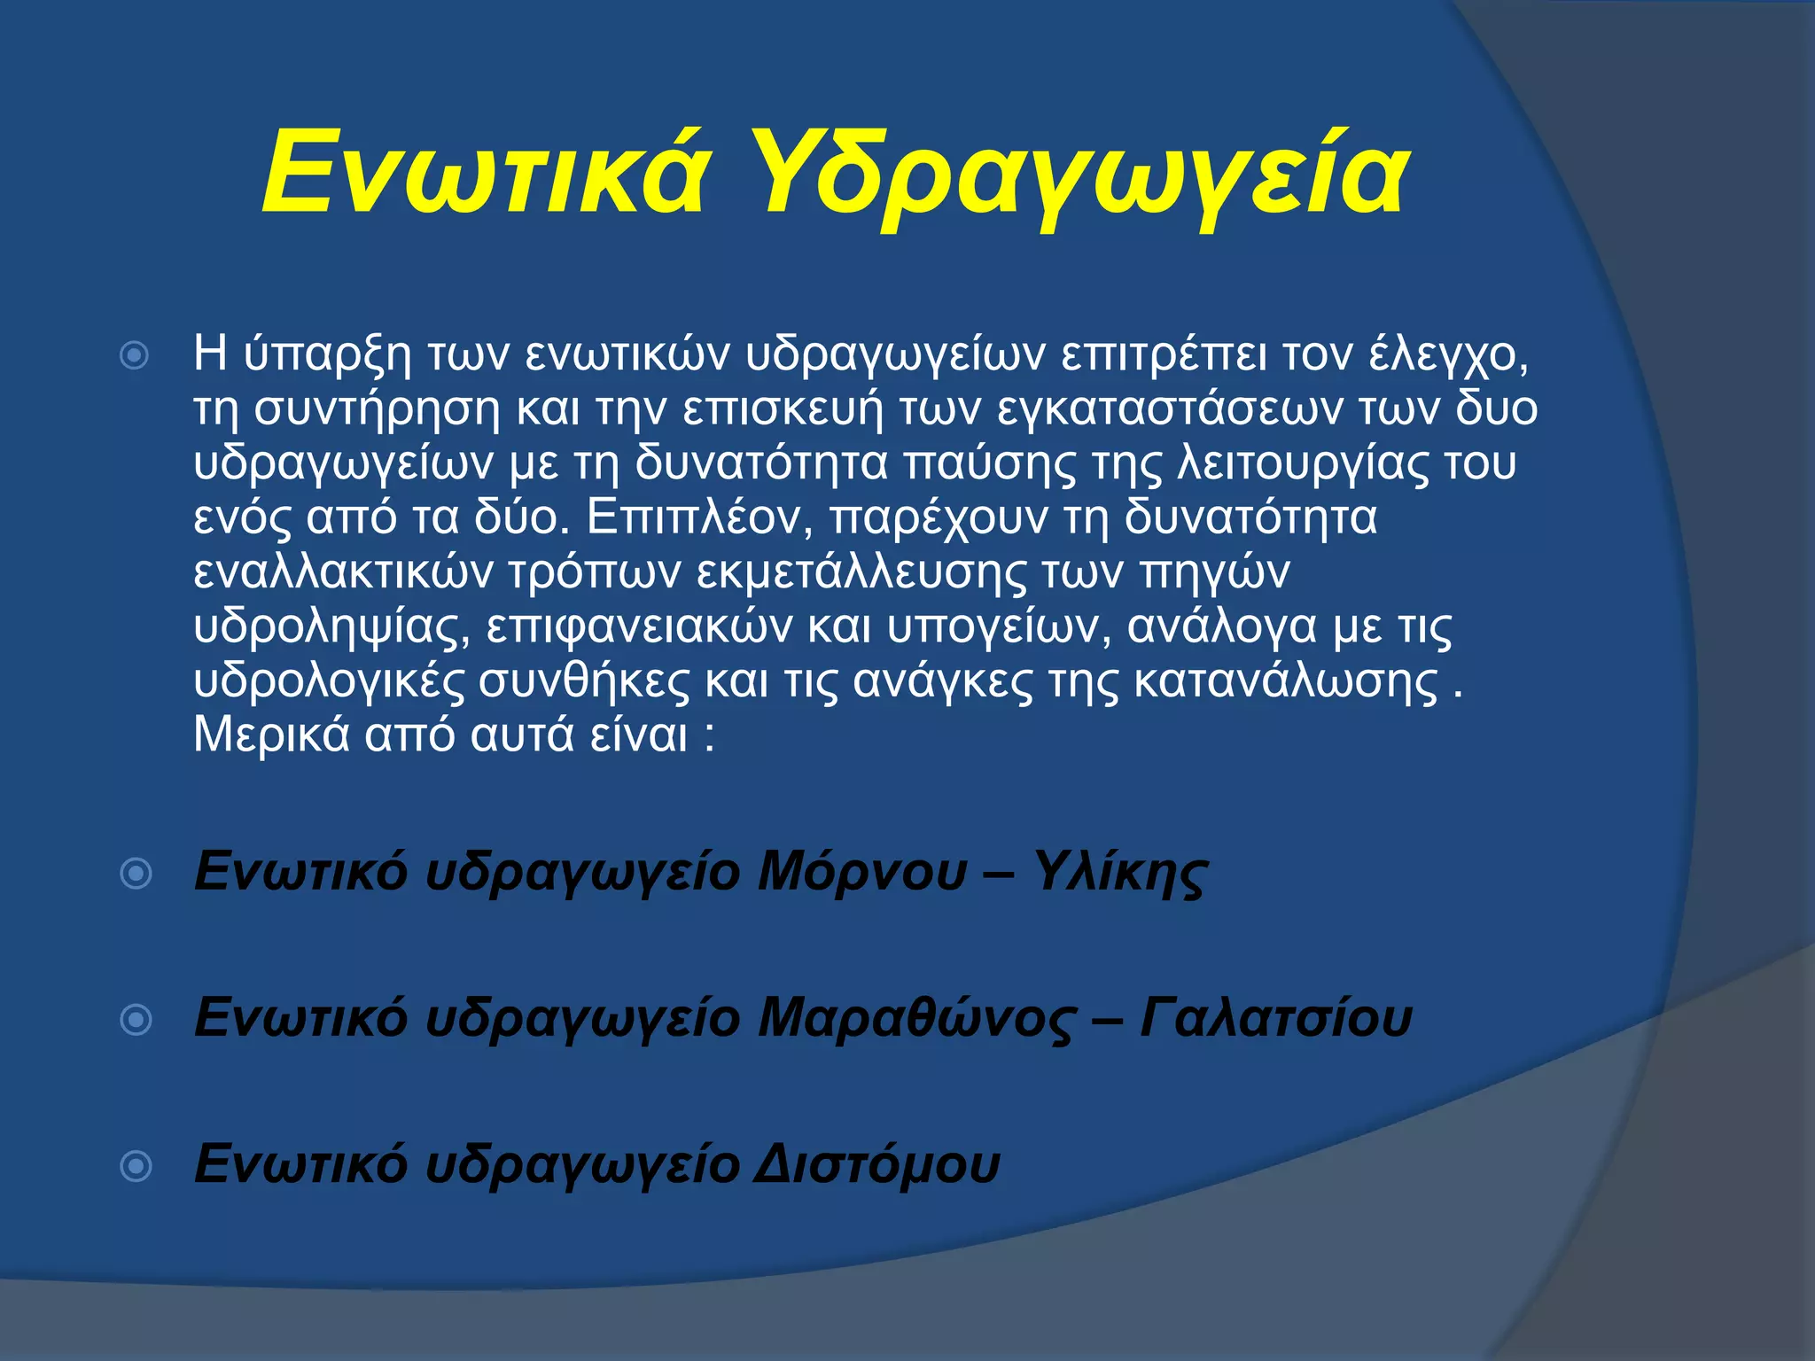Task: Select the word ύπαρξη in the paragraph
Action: [x=328, y=354]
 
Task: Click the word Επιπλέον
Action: [x=699, y=517]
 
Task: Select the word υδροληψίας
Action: [x=332, y=627]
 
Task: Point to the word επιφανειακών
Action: [x=639, y=627]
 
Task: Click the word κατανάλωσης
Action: [x=1286, y=681]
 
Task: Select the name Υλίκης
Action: [x=1120, y=874]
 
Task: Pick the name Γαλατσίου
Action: [x=1275, y=1018]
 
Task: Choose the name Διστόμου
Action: [x=876, y=1164]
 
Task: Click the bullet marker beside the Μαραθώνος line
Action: [x=136, y=1020]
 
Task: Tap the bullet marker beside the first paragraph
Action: [x=135, y=356]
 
